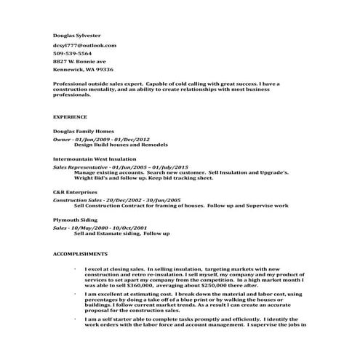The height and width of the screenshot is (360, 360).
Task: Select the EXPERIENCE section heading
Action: coord(71,116)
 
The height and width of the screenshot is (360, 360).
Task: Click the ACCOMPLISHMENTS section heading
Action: coord(81,254)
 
